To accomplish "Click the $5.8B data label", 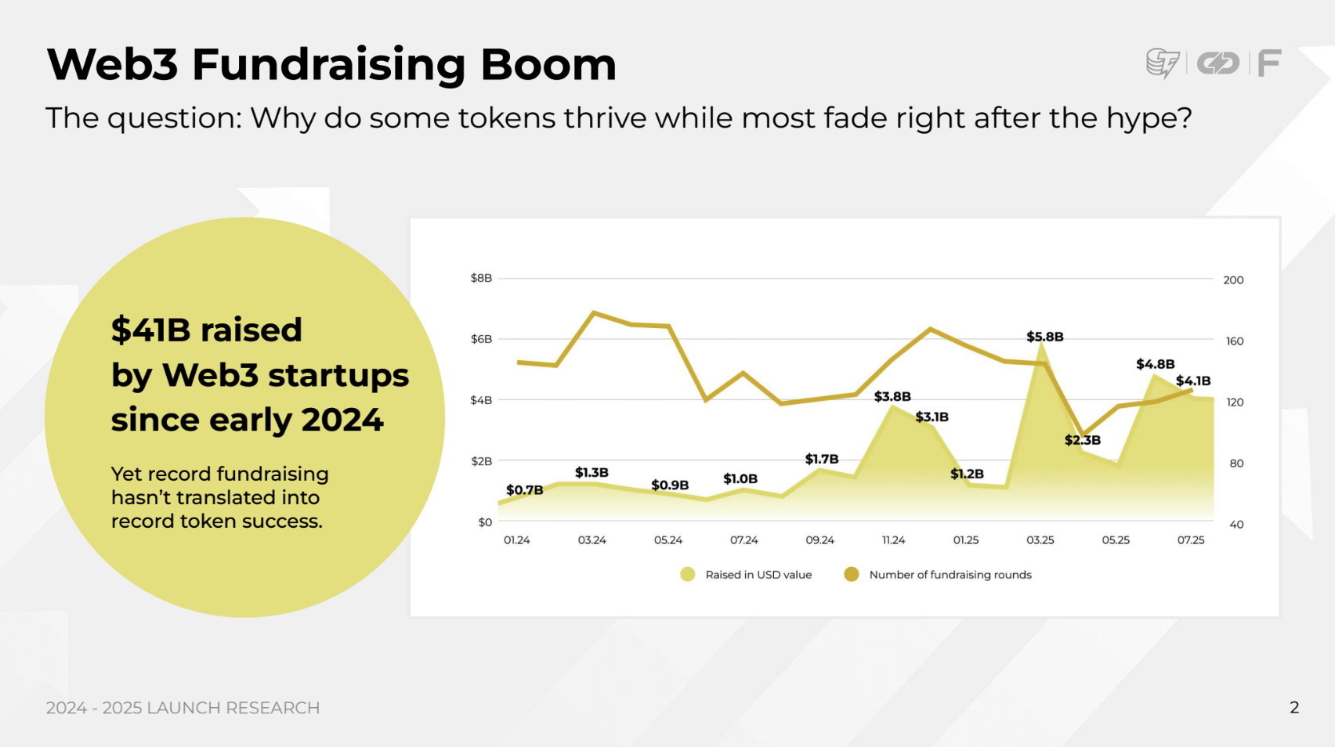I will [x=1044, y=337].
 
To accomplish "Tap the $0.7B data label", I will [x=524, y=490].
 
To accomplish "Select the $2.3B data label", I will [x=1082, y=440].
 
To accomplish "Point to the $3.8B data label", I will [x=892, y=396].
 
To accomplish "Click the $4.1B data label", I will [x=1192, y=381].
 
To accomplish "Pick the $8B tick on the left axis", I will [x=481, y=278].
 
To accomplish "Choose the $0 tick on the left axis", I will [x=485, y=522].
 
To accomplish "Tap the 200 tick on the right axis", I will [x=1233, y=280].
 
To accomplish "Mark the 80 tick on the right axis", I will [x=1236, y=464].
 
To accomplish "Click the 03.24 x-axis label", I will [x=592, y=540].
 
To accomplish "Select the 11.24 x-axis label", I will [x=893, y=540].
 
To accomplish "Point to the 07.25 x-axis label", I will [x=1191, y=540].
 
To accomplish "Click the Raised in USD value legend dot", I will [x=688, y=575].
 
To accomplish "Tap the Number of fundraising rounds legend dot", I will [x=852, y=575].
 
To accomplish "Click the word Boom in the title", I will [x=548, y=64].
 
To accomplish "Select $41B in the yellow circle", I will [x=151, y=330].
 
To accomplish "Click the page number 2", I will [x=1294, y=708].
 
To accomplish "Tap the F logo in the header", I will [x=1269, y=63].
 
